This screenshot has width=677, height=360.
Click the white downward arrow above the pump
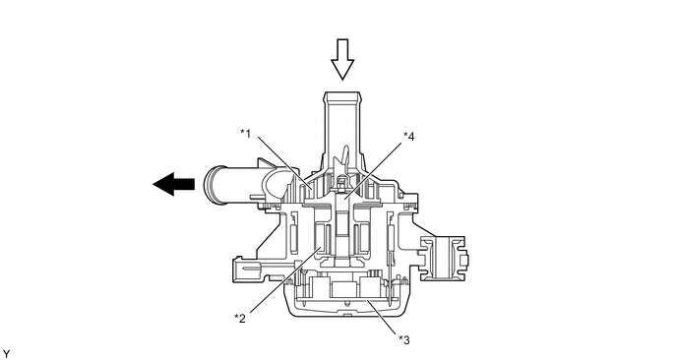pyautogui.click(x=342, y=59)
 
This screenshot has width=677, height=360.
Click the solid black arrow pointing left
pyautogui.click(x=173, y=184)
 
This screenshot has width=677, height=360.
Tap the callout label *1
pyautogui.click(x=246, y=133)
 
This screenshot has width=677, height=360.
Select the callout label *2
pyautogui.click(x=240, y=318)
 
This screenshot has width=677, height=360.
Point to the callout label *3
pyautogui.click(x=404, y=339)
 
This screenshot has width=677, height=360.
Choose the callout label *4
pyautogui.click(x=409, y=136)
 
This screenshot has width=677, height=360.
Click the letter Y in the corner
pyautogui.click(x=6, y=354)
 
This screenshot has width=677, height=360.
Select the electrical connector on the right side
pyautogui.click(x=445, y=259)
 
